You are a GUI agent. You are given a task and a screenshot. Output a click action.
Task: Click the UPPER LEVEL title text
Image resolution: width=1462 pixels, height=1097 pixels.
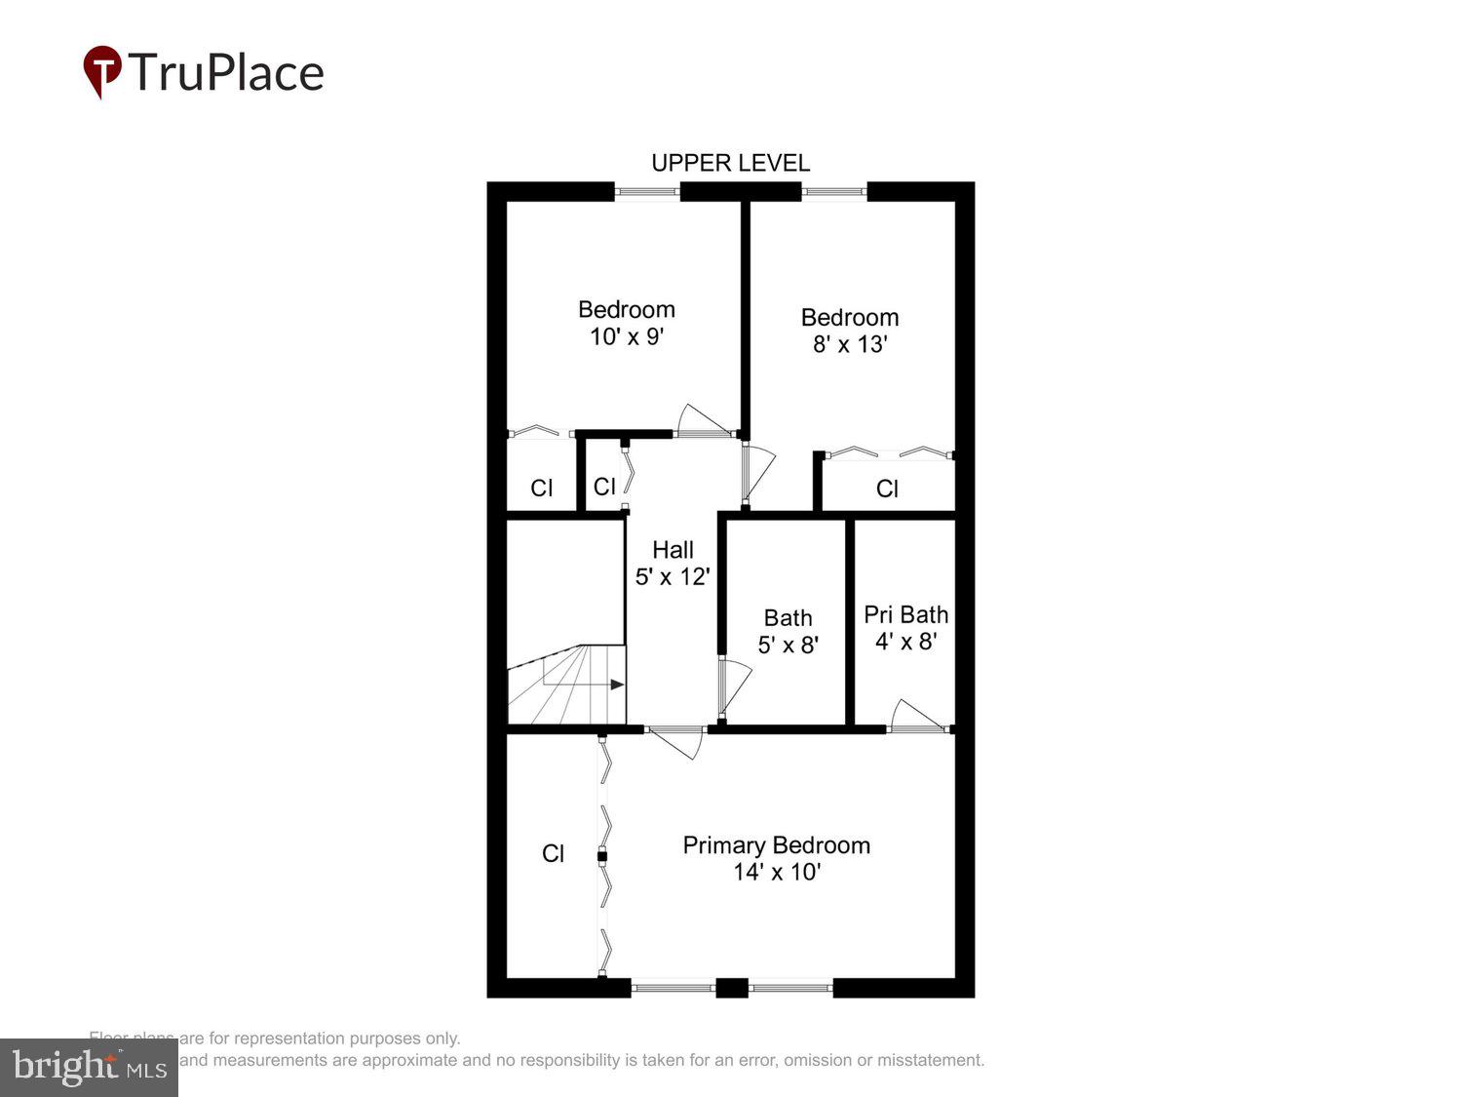click(730, 163)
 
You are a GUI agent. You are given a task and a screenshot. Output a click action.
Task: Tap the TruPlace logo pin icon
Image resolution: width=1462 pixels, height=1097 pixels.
click(102, 70)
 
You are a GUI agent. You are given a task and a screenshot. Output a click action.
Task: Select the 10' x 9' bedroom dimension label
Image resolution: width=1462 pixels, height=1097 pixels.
click(626, 337)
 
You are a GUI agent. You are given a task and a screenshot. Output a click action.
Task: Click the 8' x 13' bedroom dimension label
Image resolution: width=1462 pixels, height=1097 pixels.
click(850, 344)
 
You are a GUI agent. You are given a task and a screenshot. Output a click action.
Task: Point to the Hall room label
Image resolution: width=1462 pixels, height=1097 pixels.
click(673, 550)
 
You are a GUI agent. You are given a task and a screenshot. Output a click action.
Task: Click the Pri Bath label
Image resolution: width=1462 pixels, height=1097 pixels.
click(905, 614)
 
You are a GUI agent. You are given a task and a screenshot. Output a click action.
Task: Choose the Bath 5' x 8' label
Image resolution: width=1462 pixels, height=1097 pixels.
click(788, 631)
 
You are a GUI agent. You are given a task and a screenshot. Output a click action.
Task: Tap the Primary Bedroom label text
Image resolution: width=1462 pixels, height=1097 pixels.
click(776, 845)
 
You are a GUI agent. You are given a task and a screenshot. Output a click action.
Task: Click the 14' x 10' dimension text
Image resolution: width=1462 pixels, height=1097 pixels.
click(776, 872)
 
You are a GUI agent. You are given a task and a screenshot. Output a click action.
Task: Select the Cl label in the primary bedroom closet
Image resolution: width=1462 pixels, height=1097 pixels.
click(553, 854)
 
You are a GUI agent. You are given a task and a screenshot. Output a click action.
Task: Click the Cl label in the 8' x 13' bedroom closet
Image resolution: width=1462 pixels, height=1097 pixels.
click(887, 489)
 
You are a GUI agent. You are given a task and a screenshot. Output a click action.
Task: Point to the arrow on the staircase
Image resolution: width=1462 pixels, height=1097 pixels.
click(616, 685)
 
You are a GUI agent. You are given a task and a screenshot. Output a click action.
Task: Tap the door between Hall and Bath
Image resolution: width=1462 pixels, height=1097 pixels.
click(733, 686)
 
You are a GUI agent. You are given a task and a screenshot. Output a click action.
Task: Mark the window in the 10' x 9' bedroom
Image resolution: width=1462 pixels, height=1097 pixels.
click(647, 192)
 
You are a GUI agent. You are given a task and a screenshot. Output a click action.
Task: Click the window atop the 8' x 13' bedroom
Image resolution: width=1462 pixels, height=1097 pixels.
click(834, 192)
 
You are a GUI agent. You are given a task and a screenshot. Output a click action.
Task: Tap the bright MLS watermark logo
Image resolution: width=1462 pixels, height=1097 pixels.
click(89, 1068)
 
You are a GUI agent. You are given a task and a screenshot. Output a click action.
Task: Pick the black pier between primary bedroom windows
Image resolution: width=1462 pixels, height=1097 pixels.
click(732, 988)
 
